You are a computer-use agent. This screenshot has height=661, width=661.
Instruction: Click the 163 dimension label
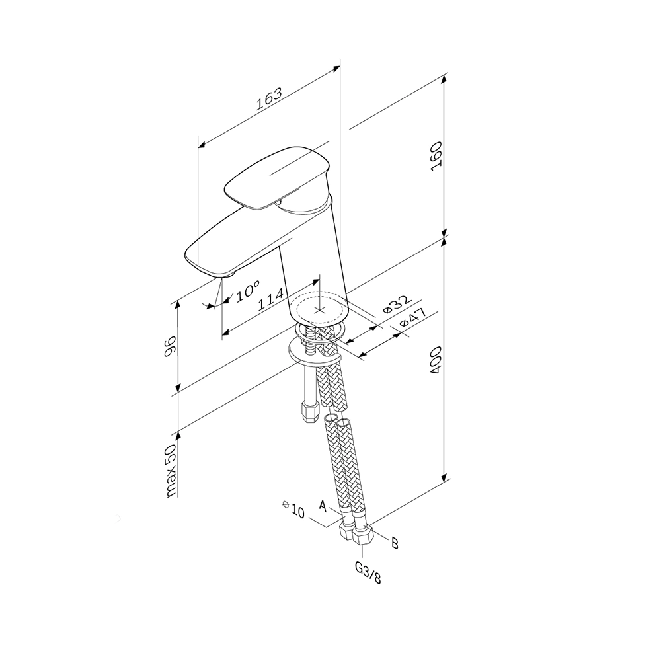(x=269, y=99)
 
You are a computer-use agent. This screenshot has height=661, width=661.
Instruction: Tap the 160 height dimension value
(x=436, y=157)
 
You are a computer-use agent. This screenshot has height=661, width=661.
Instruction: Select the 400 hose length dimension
(x=436, y=360)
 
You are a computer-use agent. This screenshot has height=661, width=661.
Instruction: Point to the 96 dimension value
(x=169, y=346)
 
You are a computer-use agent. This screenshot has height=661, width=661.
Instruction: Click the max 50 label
(x=171, y=471)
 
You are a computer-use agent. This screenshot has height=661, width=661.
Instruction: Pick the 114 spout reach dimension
(x=270, y=299)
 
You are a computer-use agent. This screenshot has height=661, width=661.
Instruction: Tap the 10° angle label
(x=247, y=292)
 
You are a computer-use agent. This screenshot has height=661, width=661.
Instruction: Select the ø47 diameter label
(x=412, y=317)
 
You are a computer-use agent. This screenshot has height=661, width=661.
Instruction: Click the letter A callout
(x=323, y=505)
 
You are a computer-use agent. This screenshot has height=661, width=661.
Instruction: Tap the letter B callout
(x=395, y=543)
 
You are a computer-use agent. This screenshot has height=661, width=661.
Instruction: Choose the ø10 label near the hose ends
(x=294, y=509)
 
